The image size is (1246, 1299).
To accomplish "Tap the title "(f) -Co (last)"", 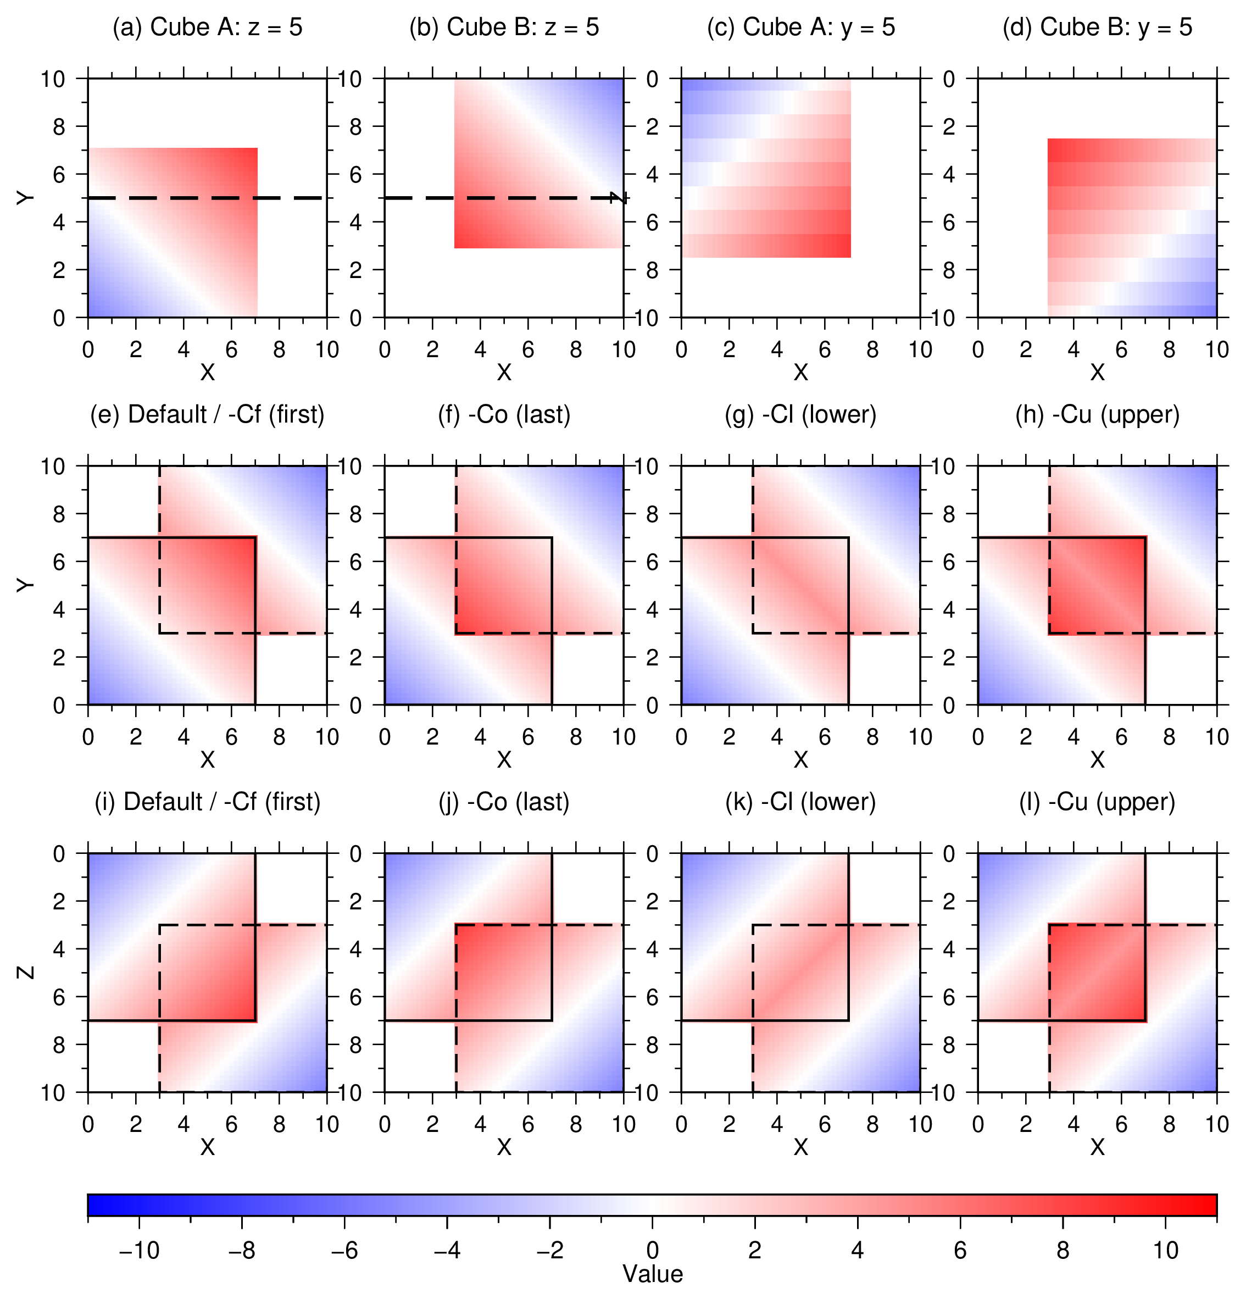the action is point(504,415).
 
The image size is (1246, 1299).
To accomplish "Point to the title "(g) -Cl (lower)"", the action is point(800,415).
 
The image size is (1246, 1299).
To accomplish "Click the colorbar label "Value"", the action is point(653,1274).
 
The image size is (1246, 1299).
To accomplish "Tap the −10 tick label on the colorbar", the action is point(139,1250).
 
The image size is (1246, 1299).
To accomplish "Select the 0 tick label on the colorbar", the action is point(653,1250).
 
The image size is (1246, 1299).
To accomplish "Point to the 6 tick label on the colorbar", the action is point(960,1250).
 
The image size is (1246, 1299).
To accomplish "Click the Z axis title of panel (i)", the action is point(26,972).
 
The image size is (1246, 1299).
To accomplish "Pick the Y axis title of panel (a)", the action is point(26,198).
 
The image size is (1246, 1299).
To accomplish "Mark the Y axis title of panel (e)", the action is point(26,585).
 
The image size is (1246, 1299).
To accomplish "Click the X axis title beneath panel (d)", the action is point(1098,373).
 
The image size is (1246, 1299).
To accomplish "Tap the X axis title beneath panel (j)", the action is point(504,1147).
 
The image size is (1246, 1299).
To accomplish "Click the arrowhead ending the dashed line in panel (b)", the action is point(620,197).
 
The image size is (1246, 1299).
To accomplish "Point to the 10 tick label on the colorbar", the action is point(1166,1250).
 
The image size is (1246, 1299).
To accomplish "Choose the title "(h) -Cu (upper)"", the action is point(1098,415).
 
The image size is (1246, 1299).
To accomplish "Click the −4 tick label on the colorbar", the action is point(447,1250).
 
